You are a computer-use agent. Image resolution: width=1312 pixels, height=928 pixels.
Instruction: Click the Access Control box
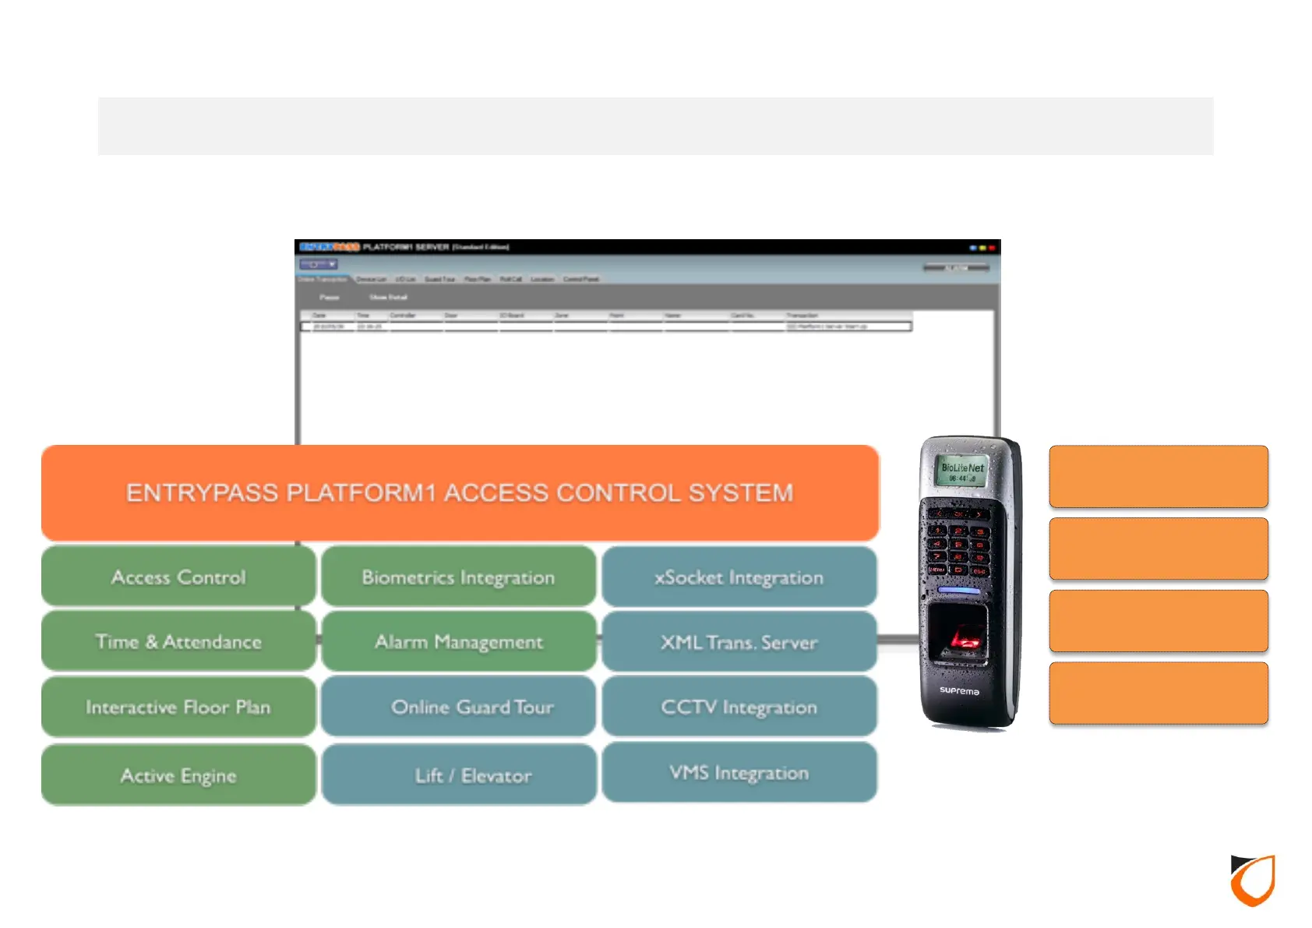[x=178, y=577]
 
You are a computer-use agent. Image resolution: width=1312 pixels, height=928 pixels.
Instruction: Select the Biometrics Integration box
[x=458, y=577]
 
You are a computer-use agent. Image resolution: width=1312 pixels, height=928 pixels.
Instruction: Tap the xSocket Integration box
[x=739, y=577]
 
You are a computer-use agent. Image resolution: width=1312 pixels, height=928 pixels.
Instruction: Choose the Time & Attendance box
[x=178, y=641]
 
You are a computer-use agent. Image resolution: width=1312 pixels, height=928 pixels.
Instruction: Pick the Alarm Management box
[x=458, y=641]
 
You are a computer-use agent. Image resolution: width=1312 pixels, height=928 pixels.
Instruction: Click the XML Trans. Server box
[x=739, y=641]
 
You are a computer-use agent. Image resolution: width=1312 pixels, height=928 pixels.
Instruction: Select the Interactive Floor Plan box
[x=178, y=707]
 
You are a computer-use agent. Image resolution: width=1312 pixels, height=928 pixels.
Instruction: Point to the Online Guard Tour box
[x=458, y=707]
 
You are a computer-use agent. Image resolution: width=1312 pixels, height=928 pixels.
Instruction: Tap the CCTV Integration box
[x=739, y=707]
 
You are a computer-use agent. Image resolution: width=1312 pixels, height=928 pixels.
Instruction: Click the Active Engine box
[x=178, y=775]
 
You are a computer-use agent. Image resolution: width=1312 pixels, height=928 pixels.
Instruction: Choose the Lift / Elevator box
[x=458, y=775]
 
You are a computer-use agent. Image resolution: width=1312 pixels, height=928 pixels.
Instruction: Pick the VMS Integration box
[x=739, y=772]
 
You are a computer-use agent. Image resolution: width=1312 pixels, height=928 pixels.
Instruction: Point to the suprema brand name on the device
[x=959, y=691]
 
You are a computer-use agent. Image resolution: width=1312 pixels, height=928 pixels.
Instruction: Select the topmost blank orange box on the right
[x=1158, y=476]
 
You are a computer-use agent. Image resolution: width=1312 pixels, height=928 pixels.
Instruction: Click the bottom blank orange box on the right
[x=1158, y=693]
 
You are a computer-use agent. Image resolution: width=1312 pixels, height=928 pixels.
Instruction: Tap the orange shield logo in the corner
[x=1253, y=880]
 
